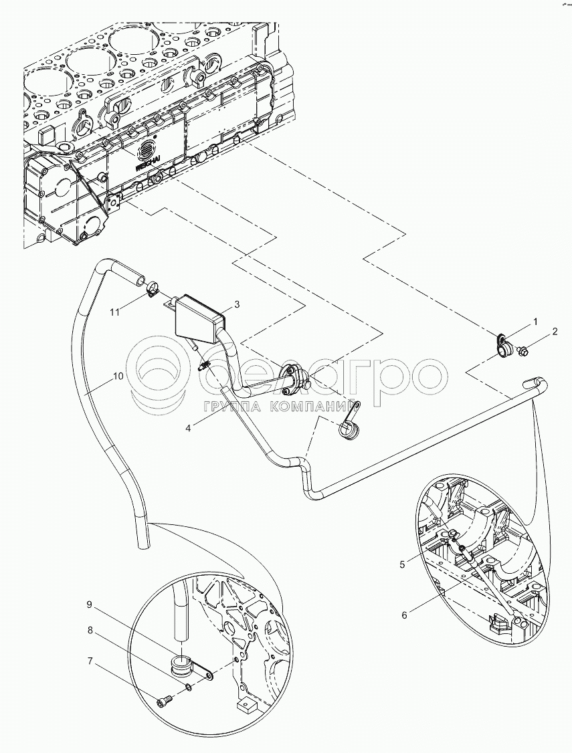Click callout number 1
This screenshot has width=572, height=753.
[535, 322]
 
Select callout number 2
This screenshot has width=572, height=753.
[555, 332]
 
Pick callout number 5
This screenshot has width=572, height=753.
[402, 564]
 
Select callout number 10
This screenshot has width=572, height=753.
[118, 376]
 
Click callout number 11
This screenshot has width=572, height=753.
[114, 312]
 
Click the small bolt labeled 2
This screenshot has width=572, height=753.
[523, 349]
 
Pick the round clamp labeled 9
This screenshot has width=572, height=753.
[181, 666]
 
